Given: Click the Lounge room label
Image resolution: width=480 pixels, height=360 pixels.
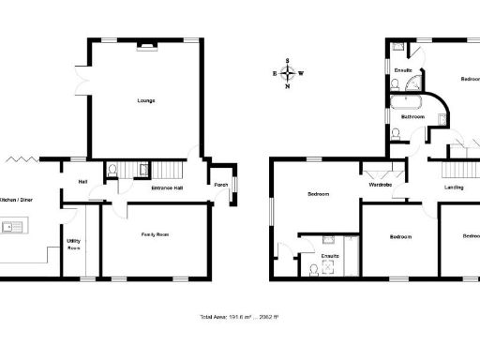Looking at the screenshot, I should coord(145,100).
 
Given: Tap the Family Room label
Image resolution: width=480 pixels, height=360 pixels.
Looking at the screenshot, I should coord(155,233).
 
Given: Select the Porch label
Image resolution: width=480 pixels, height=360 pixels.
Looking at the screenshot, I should coord(221,185).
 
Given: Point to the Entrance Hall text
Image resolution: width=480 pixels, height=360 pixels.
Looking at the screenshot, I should coord(167,188).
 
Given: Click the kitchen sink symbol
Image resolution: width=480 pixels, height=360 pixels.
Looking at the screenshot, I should coord(16,226).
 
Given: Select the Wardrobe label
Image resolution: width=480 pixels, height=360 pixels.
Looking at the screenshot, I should coord(380,185).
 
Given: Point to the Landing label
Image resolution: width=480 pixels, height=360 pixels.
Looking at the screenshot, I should coord(454,188).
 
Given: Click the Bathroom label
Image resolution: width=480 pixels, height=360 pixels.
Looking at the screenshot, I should coord(414,117).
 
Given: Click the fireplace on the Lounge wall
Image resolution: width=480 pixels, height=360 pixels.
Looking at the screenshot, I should coord(146,45).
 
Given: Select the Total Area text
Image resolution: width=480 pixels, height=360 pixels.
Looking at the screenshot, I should coord(239,317).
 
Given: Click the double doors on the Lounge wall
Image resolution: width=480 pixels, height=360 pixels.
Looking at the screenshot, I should coord(82,81).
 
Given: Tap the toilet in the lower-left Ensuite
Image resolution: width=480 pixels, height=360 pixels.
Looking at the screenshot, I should coord(312,268).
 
